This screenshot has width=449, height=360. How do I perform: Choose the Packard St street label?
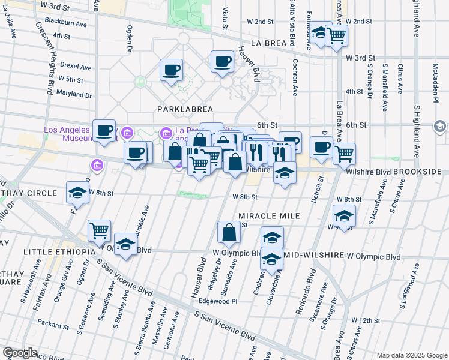pyautogui.click(x=53, y=326)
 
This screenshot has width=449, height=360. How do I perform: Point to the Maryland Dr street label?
pyautogui.click(x=74, y=94)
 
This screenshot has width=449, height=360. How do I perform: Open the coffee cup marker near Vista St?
pyautogui.click(x=222, y=62)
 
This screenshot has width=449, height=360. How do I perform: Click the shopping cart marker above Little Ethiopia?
pyautogui.click(x=99, y=230)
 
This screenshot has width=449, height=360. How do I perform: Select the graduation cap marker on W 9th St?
pyautogui.click(x=344, y=215)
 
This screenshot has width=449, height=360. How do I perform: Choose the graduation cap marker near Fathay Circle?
pyautogui.click(x=77, y=193)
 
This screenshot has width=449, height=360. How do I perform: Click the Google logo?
pyautogui.click(x=20, y=353)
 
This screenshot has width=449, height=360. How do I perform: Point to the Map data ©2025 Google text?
pyautogui.click(x=411, y=355)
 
